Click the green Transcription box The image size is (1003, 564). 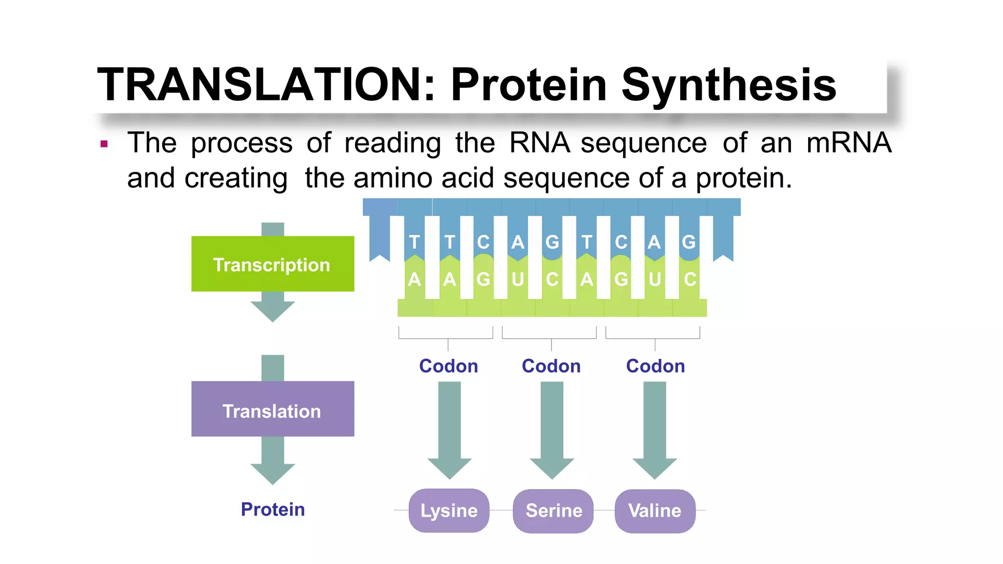pyautogui.click(x=272, y=264)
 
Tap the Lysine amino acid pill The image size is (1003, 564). pyautogui.click(x=449, y=511)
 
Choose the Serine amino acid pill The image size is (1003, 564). pyautogui.click(x=553, y=511)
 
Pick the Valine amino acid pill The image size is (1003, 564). pyautogui.click(x=655, y=511)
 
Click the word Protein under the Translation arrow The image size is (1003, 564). pyautogui.click(x=273, y=509)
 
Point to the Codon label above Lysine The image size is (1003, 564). pyautogui.click(x=449, y=366)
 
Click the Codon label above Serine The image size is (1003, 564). pyautogui.click(x=551, y=366)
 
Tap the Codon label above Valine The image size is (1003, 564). pyautogui.click(x=655, y=366)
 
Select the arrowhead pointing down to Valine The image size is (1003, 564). pyautogui.click(x=655, y=468)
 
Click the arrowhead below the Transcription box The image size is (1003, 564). pyautogui.click(x=273, y=310)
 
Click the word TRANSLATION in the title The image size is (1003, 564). pyautogui.click(x=260, y=84)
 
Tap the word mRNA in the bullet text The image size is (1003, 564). pyautogui.click(x=849, y=143)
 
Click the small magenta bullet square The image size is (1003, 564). pyautogui.click(x=104, y=144)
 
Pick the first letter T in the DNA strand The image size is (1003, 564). pyautogui.click(x=414, y=242)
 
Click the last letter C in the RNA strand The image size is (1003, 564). pyautogui.click(x=690, y=280)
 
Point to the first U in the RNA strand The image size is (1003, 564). pyautogui.click(x=518, y=280)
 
